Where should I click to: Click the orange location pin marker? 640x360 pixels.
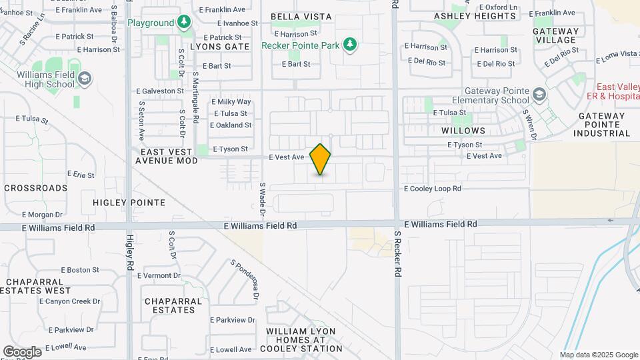click(x=320, y=159)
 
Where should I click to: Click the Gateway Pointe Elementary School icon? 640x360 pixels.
click(x=539, y=95)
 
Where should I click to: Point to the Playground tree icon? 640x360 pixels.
click(x=184, y=23)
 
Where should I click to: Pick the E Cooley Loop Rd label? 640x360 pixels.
click(x=433, y=189)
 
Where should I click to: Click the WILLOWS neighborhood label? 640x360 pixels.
click(x=463, y=131)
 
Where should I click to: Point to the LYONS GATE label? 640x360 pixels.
click(x=219, y=47)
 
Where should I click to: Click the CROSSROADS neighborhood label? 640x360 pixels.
click(x=36, y=188)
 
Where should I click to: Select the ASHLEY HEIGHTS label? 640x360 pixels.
click(x=466, y=16)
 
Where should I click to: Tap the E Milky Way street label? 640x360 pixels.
click(x=231, y=102)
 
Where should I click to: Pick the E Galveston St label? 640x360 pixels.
click(x=160, y=91)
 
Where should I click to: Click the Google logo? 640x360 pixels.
click(x=22, y=351)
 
